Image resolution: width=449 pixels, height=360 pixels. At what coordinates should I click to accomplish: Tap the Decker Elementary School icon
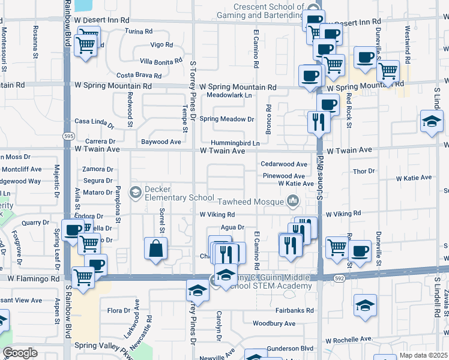click(136, 193)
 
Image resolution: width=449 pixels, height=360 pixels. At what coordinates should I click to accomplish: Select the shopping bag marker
click(156, 248)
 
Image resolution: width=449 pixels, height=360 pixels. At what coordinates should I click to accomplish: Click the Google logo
click(20, 353)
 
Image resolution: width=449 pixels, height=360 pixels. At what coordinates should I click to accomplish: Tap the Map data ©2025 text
click(423, 355)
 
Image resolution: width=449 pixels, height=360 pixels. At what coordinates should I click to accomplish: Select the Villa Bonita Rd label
click(160, 61)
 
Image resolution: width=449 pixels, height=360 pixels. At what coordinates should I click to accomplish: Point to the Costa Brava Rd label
click(139, 76)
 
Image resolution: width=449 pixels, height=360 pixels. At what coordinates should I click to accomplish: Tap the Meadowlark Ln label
click(229, 95)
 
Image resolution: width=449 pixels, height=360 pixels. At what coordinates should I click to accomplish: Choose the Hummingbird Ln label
click(235, 143)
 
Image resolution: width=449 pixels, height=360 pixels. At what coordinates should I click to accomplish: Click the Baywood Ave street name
click(161, 142)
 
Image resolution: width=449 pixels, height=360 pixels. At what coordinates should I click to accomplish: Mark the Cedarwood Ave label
click(284, 164)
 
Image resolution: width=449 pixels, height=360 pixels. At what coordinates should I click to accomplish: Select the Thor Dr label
click(364, 171)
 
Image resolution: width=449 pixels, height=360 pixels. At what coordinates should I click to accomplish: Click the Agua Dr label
click(232, 227)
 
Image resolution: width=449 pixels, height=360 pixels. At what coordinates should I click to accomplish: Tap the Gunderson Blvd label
click(291, 348)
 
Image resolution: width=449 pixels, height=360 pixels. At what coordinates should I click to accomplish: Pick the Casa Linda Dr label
click(94, 123)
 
